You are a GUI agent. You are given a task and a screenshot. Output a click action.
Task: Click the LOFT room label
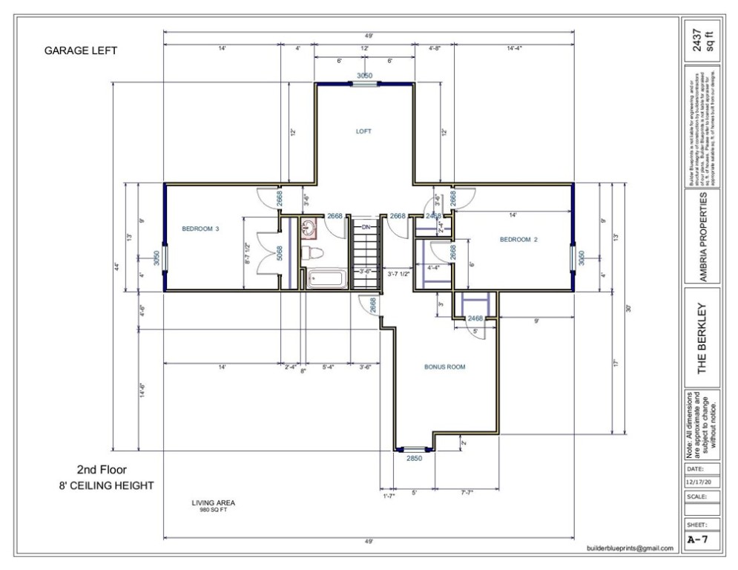(363, 131)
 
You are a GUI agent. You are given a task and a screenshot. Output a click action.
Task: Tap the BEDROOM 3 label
(200, 229)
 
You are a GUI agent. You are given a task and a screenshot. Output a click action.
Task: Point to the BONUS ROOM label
(444, 367)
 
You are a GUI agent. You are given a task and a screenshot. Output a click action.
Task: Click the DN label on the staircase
(366, 226)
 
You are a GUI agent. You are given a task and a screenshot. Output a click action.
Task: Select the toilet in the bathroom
(309, 252)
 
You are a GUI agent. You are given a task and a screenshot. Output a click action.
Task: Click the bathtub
(325, 281)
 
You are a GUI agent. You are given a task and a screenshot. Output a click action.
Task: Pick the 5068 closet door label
(280, 255)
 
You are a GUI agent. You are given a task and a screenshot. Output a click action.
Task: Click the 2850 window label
(414, 459)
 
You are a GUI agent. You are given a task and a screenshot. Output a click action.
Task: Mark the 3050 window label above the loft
(364, 76)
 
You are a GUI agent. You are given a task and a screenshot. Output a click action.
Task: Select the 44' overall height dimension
(116, 266)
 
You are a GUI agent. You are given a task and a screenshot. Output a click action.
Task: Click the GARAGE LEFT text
(81, 51)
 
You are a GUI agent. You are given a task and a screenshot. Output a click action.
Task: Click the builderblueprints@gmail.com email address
(629, 548)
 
